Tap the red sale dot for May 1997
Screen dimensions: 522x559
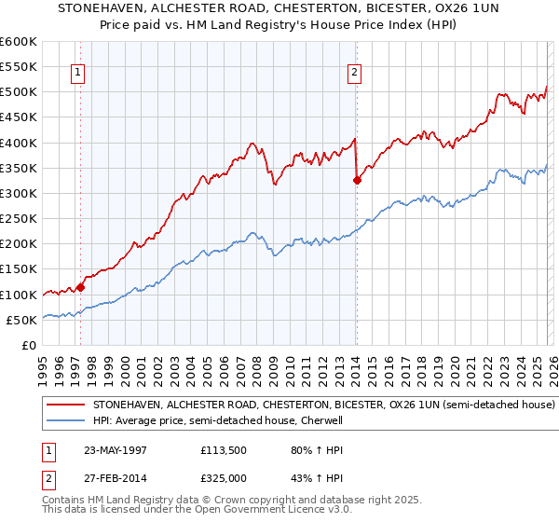point(81,287)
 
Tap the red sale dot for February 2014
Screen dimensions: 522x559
point(357,181)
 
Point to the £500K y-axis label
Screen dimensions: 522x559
point(18,92)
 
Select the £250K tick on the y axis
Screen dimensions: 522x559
point(18,219)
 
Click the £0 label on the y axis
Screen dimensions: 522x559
point(27,345)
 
